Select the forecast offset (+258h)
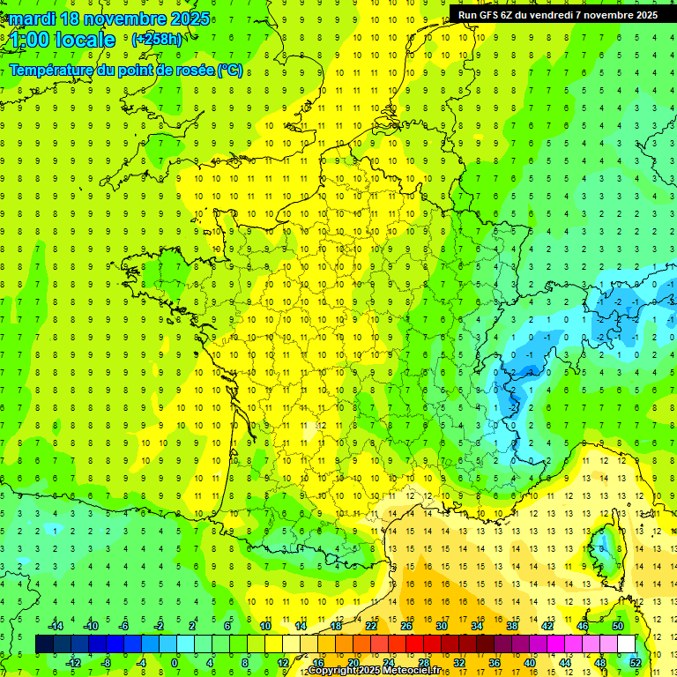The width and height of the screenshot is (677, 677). [157, 40]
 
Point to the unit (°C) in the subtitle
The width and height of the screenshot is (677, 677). [230, 70]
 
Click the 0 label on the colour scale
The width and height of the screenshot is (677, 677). [174, 663]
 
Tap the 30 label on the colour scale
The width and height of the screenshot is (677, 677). [442, 626]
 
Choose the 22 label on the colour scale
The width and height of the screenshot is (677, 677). [371, 626]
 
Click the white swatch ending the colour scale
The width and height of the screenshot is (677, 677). [627, 644]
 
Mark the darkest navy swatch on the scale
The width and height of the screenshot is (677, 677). [44, 644]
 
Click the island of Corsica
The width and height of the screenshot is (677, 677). [605, 547]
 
